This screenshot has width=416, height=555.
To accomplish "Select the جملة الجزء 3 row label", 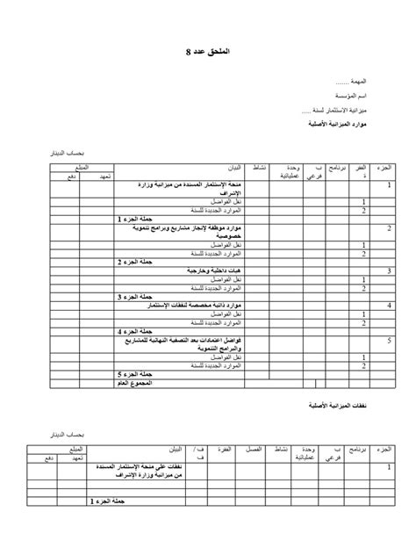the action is pos(133,297).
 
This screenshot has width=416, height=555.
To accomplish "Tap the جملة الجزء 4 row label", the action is pos(133,331).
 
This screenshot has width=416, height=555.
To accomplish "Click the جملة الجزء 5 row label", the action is pos(133,374).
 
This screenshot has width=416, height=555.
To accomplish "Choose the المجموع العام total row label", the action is pos(134,383).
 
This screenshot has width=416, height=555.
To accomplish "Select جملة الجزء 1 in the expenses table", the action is pos(104,501).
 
